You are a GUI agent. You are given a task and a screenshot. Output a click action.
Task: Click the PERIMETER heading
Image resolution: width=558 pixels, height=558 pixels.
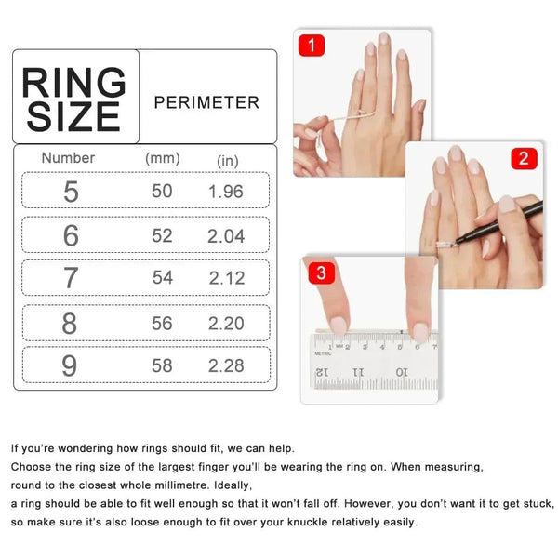tap(206, 102)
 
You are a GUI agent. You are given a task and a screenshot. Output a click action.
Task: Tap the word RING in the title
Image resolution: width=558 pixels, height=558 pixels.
tap(73, 82)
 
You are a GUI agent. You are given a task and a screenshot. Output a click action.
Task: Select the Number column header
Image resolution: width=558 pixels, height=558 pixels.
tap(68, 158)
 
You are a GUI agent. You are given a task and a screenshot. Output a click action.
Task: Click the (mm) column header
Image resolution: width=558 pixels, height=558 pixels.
tap(163, 158)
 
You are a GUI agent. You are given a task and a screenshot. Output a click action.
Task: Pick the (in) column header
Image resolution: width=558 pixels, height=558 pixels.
tap(227, 160)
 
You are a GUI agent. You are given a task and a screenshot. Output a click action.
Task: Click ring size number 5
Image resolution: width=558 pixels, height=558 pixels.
tap(71, 192)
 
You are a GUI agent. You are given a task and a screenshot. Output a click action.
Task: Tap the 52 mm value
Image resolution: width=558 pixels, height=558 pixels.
tap(162, 236)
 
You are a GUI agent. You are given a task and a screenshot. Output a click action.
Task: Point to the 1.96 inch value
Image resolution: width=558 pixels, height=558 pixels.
tap(226, 192)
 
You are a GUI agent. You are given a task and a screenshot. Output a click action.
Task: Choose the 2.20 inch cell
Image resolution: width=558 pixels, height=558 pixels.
tap(226, 323)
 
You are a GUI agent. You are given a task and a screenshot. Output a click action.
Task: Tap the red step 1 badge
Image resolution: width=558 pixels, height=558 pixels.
tap(311, 46)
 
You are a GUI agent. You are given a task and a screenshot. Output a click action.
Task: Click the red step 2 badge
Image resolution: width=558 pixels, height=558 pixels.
tap(524, 158)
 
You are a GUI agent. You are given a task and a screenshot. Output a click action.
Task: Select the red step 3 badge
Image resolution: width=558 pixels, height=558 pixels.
tap(321, 272)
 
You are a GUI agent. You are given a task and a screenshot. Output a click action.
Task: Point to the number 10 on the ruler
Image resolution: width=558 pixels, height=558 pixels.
tap(401, 372)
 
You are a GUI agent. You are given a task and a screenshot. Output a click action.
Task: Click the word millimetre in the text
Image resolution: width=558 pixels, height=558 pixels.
tap(173, 485)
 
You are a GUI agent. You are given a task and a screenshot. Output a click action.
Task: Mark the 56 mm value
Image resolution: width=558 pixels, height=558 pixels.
tap(162, 323)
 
